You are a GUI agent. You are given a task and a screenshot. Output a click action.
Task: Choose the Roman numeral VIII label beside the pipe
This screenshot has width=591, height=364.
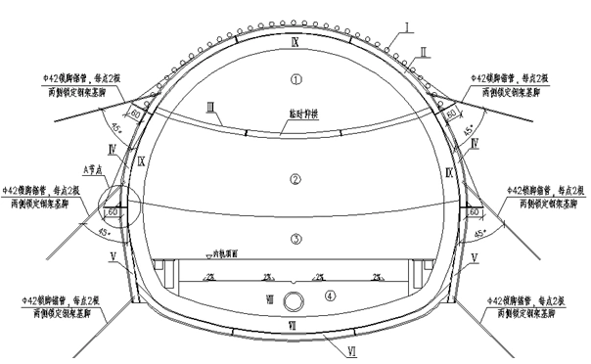[272, 298]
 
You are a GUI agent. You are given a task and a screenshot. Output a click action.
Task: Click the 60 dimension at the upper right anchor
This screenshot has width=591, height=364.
[452, 114]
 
